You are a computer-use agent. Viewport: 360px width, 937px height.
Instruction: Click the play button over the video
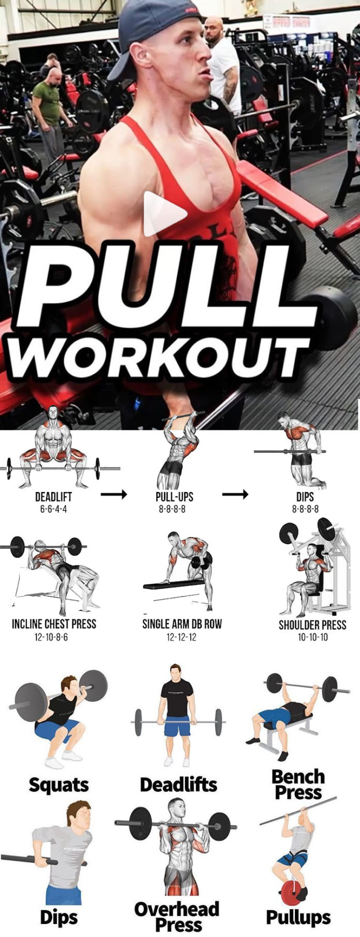pos(164,213)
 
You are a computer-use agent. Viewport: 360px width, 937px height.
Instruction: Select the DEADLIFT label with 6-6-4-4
pos(53,497)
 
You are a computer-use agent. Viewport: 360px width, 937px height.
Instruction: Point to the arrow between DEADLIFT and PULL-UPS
pos(114,495)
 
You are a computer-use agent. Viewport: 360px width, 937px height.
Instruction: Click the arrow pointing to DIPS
pos(235,495)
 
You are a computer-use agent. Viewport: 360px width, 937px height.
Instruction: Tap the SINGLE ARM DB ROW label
pos(182,623)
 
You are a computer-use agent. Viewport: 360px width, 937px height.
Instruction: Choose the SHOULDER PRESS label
pos(312,624)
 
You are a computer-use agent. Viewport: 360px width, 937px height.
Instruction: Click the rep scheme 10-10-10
pos(312,637)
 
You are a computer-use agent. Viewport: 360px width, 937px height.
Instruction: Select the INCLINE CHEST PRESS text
pos(54,623)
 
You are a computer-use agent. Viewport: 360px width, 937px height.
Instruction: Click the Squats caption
pos(58,785)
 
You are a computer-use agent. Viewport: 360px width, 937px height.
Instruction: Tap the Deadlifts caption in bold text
pos(178,785)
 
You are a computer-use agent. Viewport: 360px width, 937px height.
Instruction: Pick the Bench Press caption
pos(298,784)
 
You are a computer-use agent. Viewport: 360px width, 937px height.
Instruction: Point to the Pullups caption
pos(298,917)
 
